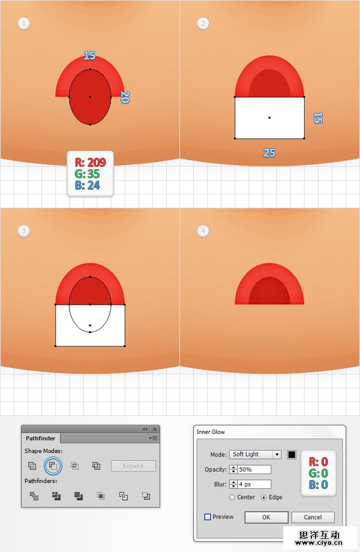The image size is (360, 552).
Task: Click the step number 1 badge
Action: tap(23, 23)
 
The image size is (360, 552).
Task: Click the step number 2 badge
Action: tap(203, 23)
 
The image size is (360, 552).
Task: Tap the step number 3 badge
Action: tap(23, 231)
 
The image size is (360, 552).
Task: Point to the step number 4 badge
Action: tap(203, 231)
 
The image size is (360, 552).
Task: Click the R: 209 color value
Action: tap(90, 162)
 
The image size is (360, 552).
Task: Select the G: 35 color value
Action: tap(87, 174)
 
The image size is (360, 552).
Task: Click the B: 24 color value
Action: tap(87, 185)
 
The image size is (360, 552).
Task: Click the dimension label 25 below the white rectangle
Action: tap(269, 153)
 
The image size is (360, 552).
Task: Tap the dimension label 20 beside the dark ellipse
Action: tap(125, 97)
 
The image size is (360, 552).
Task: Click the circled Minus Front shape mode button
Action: tap(53, 466)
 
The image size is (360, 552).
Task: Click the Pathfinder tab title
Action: tap(40, 438)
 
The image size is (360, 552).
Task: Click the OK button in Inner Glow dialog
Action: tap(266, 517)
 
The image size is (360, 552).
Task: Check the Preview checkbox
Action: tap(208, 517)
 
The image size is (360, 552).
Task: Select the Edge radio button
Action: tap(263, 497)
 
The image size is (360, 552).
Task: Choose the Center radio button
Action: tap(232, 497)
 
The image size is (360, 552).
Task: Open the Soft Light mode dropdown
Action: tap(255, 454)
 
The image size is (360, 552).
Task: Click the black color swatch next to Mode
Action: tap(292, 454)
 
